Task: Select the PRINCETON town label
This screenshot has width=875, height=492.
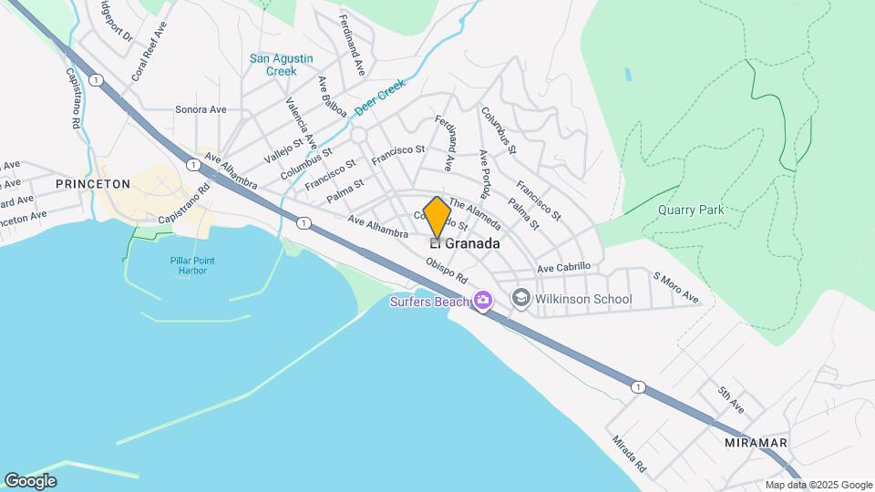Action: click(x=93, y=183)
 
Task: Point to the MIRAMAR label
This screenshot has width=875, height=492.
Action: click(x=756, y=442)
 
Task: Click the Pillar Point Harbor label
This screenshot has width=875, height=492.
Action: click(x=194, y=264)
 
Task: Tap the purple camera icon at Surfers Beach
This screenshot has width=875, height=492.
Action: click(x=482, y=300)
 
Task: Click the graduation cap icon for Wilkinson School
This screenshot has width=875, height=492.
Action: click(x=521, y=298)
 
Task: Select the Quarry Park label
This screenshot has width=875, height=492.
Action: click(x=691, y=210)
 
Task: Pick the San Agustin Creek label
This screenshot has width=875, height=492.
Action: click(x=282, y=65)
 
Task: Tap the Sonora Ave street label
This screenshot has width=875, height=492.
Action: click(x=201, y=109)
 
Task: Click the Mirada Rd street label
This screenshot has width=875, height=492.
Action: click(x=628, y=453)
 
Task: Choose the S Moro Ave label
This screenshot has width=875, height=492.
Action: click(x=674, y=287)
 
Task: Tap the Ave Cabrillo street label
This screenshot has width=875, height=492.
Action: click(x=564, y=267)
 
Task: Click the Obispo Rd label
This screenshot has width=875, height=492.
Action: click(x=447, y=271)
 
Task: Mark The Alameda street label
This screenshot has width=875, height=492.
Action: click(x=474, y=215)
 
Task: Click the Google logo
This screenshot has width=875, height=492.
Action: click(x=30, y=481)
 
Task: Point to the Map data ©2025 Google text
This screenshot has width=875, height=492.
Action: click(x=818, y=485)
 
